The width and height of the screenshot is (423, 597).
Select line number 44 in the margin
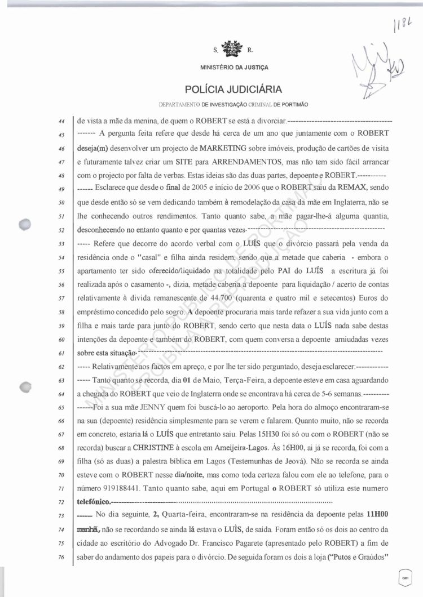point(63,121)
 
